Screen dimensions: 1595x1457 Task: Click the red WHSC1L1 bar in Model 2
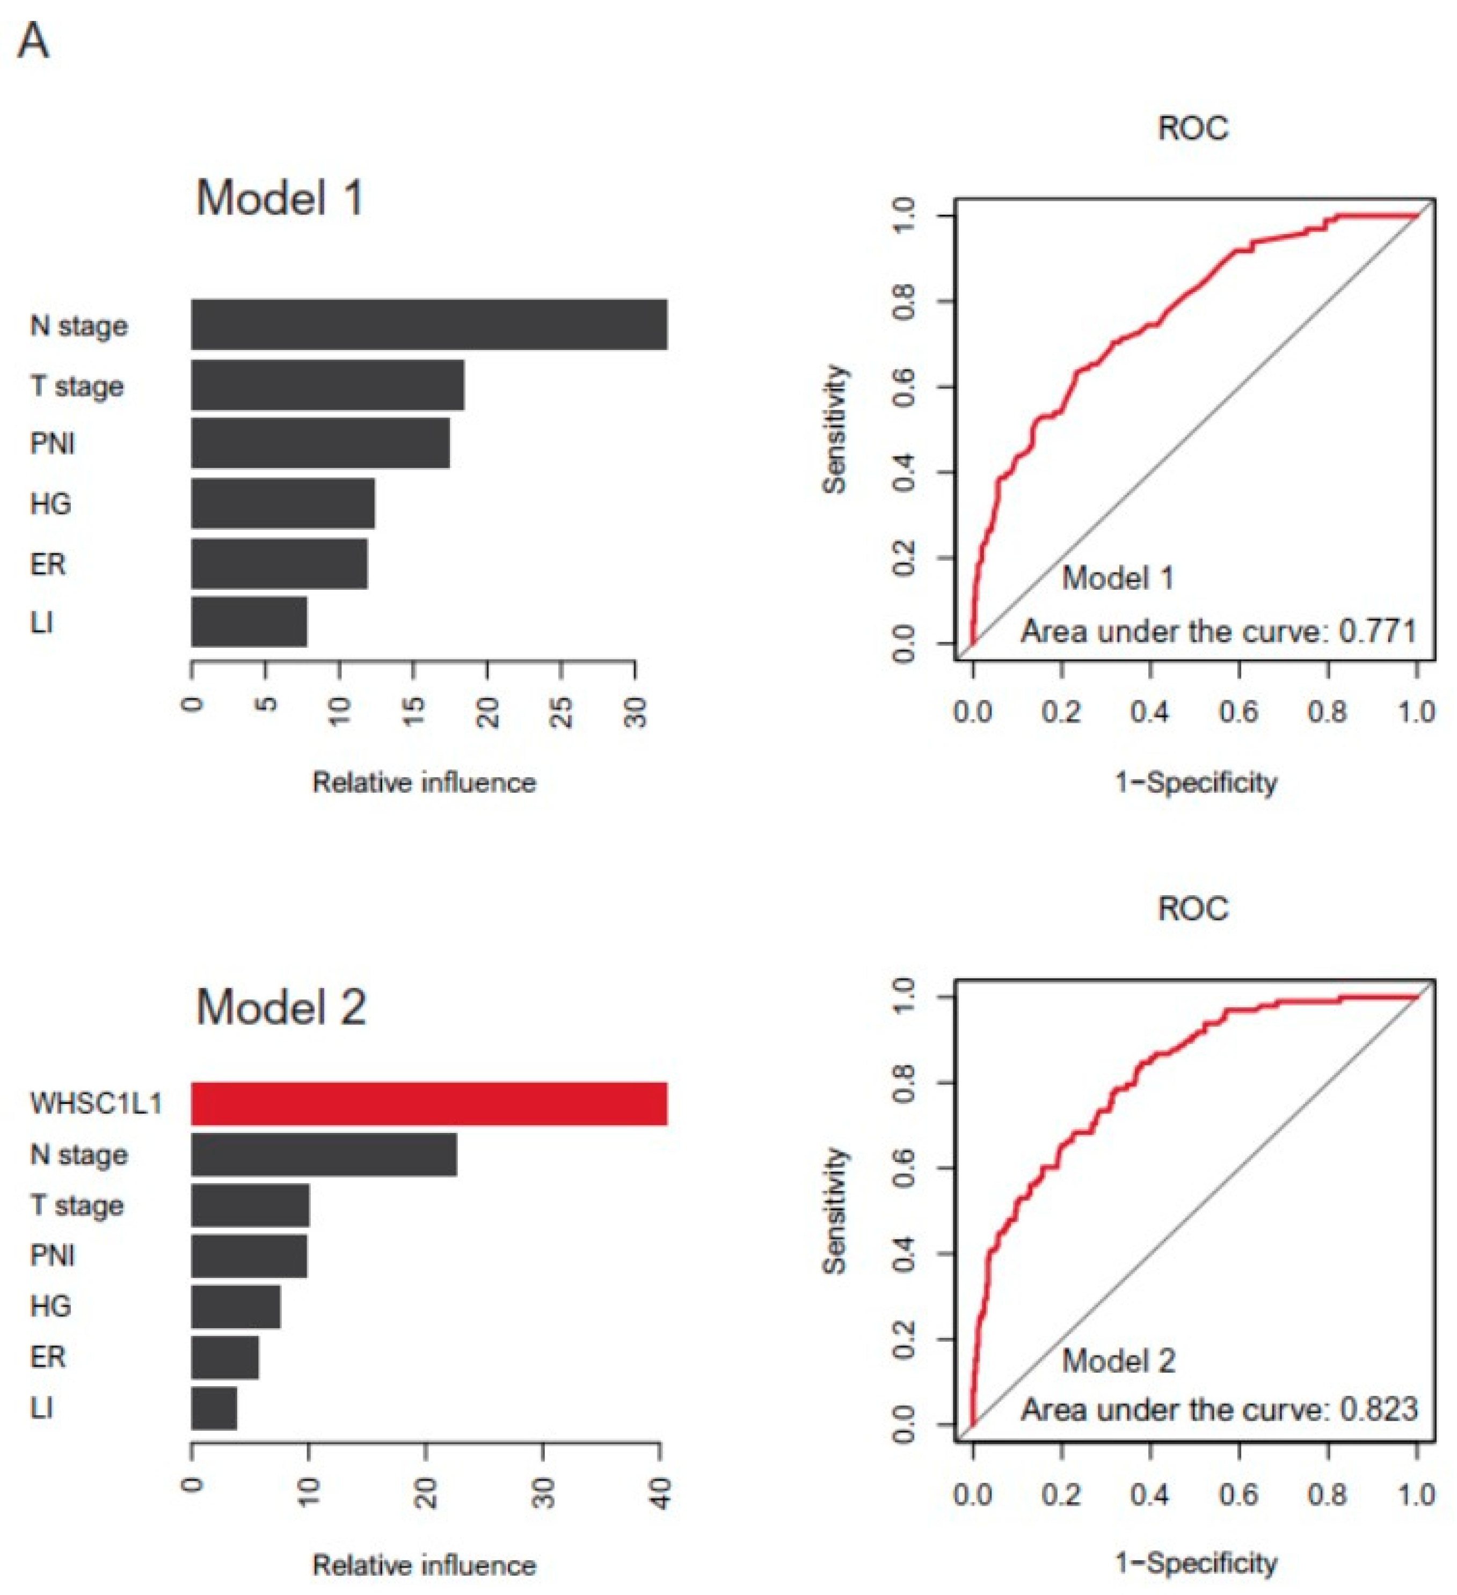coord(429,1103)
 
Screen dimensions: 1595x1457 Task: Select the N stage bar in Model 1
coord(429,324)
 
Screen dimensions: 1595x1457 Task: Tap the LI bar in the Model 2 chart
coord(214,1408)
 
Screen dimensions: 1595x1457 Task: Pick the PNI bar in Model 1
coord(320,443)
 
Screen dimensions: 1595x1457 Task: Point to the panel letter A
coord(33,41)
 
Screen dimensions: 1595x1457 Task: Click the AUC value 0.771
coord(1378,631)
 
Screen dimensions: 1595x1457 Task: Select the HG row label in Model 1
coord(50,503)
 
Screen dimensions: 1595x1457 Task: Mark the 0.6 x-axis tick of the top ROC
coord(1239,711)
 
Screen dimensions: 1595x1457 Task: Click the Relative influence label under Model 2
coord(424,1564)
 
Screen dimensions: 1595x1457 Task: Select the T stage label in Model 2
coord(77,1205)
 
